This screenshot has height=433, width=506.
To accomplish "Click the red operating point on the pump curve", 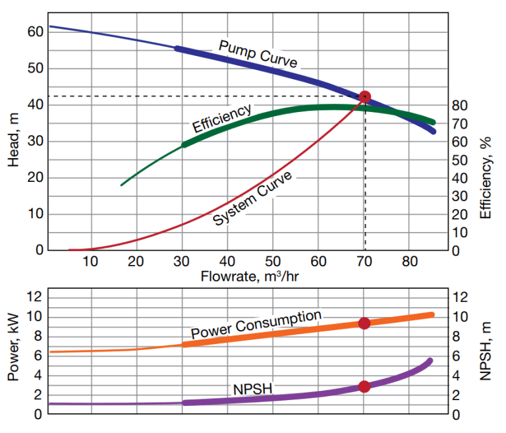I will (364, 97).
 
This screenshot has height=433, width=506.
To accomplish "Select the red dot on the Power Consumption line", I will (364, 323).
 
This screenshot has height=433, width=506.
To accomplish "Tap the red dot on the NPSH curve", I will (364, 386).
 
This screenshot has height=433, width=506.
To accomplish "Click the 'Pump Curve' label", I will (258, 53).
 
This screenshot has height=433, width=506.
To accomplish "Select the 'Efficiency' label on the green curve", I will (221, 118).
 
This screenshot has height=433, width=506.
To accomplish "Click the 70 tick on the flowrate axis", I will (364, 260).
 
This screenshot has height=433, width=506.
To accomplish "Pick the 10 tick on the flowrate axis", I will (90, 260).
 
